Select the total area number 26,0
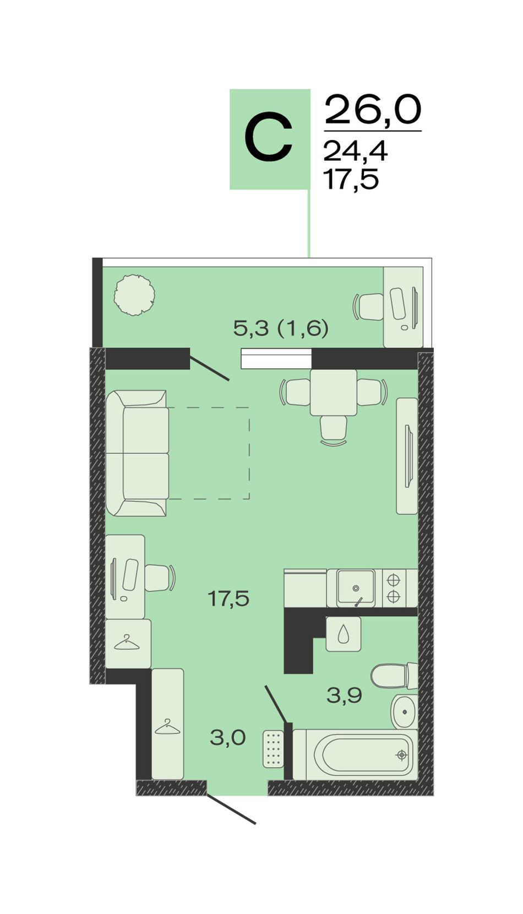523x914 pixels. (x=373, y=109)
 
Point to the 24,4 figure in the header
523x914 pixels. (x=355, y=152)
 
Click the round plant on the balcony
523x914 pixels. (x=134, y=295)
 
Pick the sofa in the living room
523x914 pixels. (x=137, y=453)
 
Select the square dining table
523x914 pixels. (x=334, y=392)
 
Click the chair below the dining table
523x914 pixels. (x=334, y=431)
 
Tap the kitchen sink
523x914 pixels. (x=356, y=588)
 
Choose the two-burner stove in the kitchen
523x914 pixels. (x=394, y=588)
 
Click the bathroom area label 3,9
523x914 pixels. (x=345, y=695)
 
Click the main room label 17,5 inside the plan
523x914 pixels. (x=228, y=599)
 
